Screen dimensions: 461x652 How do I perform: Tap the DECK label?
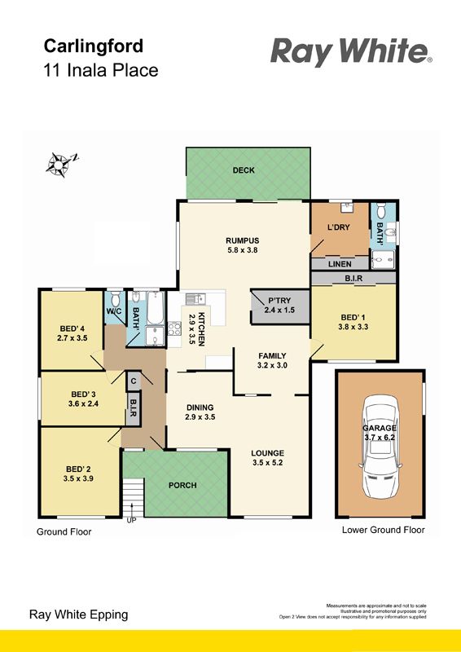click(x=244, y=170)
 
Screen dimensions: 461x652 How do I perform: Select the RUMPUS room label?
click(x=243, y=240)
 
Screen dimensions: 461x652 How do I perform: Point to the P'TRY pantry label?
click(x=279, y=300)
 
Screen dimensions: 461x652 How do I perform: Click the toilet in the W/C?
click(x=116, y=298)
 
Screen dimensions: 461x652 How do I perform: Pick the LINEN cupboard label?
click(x=340, y=264)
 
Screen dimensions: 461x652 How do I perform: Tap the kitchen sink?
click(x=195, y=298)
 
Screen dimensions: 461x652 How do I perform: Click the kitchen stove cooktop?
click(x=174, y=328)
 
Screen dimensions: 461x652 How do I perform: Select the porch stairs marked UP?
click(x=133, y=497)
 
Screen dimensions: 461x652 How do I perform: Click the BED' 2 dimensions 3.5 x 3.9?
click(x=78, y=478)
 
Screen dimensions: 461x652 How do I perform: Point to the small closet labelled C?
click(x=134, y=381)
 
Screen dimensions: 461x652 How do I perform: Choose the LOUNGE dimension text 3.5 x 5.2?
click(x=267, y=462)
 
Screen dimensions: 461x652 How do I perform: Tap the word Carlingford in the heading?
click(x=94, y=46)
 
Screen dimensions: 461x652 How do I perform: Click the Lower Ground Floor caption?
click(x=384, y=530)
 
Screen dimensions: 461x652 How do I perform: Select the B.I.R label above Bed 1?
click(x=353, y=279)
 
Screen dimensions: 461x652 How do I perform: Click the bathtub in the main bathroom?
click(x=156, y=309)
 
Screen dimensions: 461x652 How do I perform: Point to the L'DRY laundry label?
click(x=339, y=227)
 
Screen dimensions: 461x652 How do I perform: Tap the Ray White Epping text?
click(x=78, y=615)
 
